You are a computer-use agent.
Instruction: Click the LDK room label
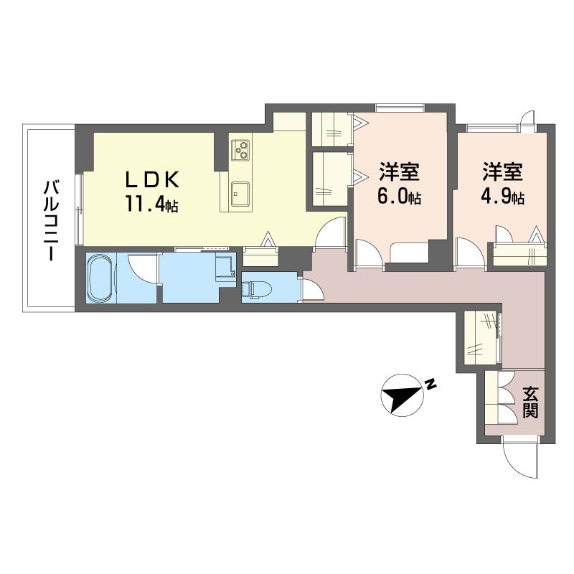click(x=152, y=180)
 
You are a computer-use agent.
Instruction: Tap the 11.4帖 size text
click(x=151, y=204)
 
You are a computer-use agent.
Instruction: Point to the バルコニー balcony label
click(x=50, y=221)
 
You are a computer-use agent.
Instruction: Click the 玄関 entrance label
click(x=530, y=403)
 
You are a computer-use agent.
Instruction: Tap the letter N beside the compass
click(x=430, y=383)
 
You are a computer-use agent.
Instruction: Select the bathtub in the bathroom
click(x=100, y=278)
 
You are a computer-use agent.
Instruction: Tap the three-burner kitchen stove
click(x=240, y=149)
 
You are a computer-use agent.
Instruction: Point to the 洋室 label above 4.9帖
click(x=502, y=172)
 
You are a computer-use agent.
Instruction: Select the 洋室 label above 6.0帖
click(x=399, y=172)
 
